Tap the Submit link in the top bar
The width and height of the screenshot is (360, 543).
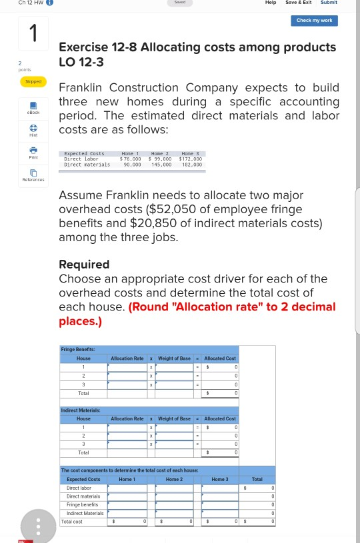(x=329, y=3)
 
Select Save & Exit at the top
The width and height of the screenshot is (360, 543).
(x=298, y=3)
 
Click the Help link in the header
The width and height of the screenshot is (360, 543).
(x=271, y=3)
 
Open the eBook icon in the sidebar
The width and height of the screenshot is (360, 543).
(x=33, y=105)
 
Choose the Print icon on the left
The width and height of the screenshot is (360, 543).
(x=33, y=153)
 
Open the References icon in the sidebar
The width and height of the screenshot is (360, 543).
(x=33, y=175)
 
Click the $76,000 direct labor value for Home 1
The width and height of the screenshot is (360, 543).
(x=130, y=159)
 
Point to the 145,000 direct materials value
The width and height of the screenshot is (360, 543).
(x=161, y=165)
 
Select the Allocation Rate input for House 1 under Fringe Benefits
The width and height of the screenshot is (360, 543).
(x=127, y=367)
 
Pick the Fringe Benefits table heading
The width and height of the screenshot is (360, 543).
(x=78, y=349)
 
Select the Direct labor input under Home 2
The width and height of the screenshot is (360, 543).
(x=174, y=488)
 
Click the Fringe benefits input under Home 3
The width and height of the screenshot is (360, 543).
(x=220, y=504)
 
